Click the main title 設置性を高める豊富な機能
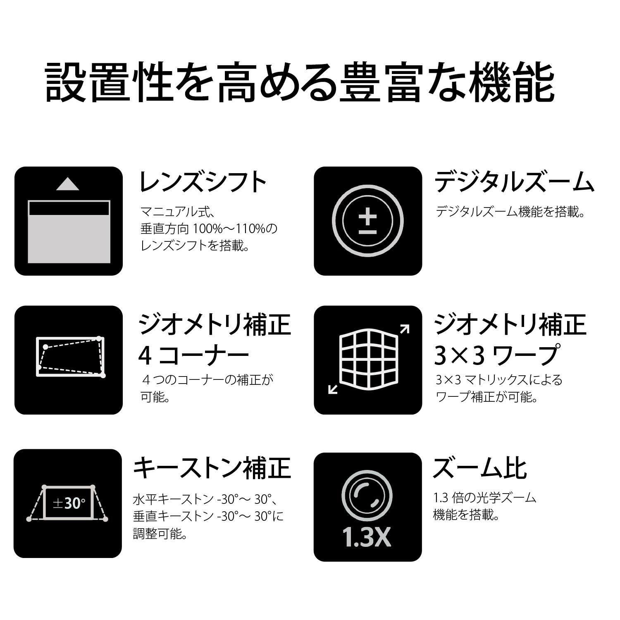[299, 82]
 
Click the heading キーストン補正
[212, 467]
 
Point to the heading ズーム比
[480, 467]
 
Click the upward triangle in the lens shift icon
[68, 184]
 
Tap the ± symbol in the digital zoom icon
[367, 224]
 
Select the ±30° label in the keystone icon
[69, 503]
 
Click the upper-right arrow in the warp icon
[404, 329]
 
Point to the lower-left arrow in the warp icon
[332, 389]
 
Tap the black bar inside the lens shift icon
[69, 209]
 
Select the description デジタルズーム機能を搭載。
[511, 212]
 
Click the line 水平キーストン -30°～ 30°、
[207, 499]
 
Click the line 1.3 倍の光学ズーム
[484, 498]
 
